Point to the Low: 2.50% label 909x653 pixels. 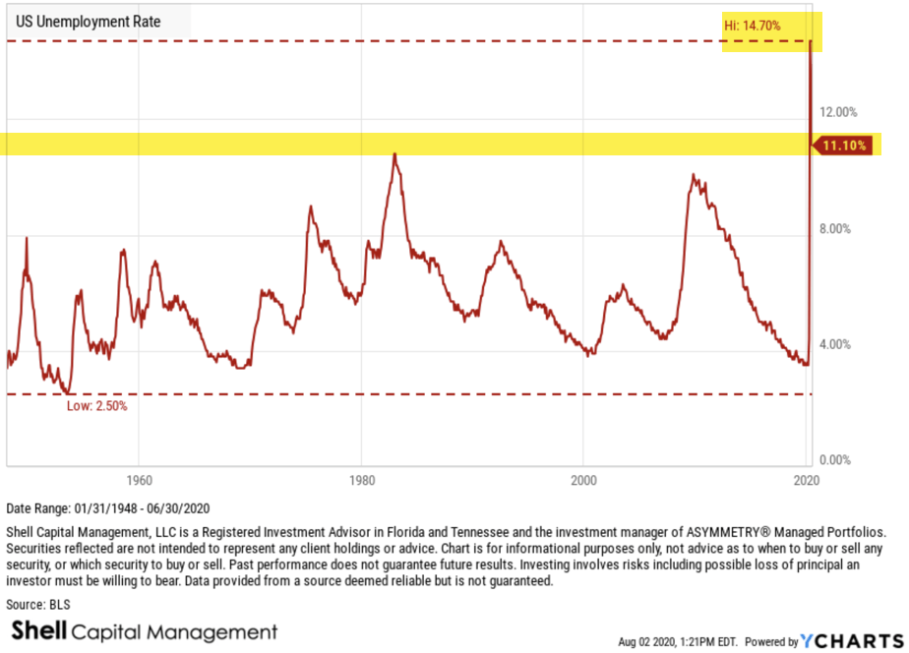[x=96, y=405]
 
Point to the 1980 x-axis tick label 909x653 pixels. [x=361, y=481]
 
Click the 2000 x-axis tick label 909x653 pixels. [x=584, y=481]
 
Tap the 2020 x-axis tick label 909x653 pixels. [x=807, y=481]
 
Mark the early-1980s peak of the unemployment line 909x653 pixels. [x=394, y=153]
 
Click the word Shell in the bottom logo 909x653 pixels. [x=37, y=631]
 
